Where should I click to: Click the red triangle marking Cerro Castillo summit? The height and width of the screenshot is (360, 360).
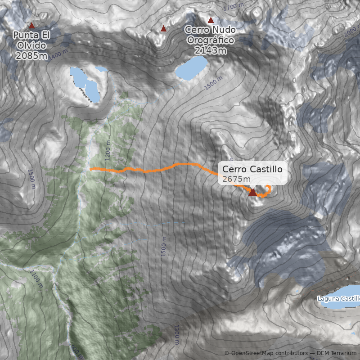tap(252, 193)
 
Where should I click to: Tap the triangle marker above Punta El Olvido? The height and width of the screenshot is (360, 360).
tap(31, 26)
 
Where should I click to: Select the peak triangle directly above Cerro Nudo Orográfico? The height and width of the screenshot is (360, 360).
tap(211, 20)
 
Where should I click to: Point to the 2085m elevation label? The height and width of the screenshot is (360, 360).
tap(31, 56)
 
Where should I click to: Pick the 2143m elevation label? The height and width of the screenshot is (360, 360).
tap(211, 50)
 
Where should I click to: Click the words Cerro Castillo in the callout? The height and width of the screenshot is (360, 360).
tap(252, 169)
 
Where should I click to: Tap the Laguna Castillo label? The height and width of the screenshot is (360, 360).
tap(339, 298)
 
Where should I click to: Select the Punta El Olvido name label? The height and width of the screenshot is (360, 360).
tap(31, 40)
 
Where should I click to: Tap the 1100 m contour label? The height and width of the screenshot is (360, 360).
tap(36, 279)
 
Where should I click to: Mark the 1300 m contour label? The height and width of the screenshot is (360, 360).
tap(177, 333)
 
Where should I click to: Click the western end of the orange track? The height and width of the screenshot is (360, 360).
tap(91, 169)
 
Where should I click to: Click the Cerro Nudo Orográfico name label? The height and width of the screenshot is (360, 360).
tap(211, 35)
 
